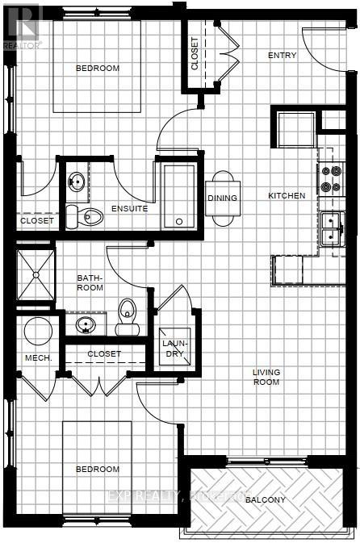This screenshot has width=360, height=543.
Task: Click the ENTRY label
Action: (x=283, y=56)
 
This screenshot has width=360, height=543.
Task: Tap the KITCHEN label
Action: (x=287, y=195)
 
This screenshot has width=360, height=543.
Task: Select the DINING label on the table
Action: (x=222, y=198)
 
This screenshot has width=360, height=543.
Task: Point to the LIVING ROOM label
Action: (x=266, y=377)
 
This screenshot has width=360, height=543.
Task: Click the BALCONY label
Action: (x=266, y=500)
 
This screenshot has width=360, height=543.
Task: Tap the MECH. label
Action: (x=38, y=357)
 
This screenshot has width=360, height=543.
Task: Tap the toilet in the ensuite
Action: (x=88, y=215)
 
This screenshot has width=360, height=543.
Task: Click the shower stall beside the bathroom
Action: (x=36, y=274)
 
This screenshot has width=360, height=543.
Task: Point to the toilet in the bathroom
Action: (x=128, y=317)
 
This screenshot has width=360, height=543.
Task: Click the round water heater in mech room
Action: (x=37, y=331)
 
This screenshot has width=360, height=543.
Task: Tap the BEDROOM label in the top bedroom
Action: (x=97, y=69)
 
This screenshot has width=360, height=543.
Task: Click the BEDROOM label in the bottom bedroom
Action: (x=97, y=469)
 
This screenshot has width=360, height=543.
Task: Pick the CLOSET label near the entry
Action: (x=195, y=54)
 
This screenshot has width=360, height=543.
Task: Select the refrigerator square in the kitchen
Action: (x=295, y=128)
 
